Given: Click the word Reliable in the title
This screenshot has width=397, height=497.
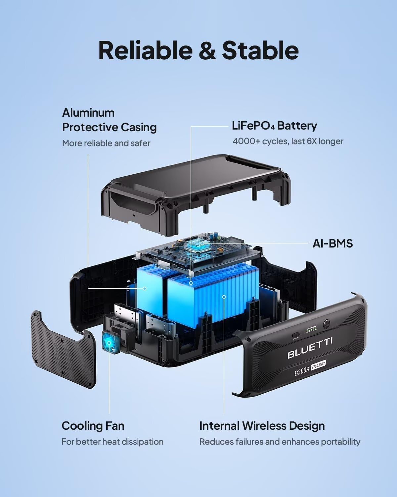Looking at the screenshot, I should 145,50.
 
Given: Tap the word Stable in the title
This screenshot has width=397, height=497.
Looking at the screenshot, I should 260,50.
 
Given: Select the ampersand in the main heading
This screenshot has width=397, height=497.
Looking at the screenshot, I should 207,51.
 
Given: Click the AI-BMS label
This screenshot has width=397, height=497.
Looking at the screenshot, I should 332,244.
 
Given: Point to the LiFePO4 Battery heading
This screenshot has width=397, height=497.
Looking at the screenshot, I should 274,126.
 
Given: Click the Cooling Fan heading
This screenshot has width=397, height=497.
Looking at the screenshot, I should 93,426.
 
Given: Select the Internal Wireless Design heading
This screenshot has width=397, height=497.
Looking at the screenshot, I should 262,426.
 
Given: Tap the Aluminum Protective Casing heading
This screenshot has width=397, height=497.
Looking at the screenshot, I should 109,120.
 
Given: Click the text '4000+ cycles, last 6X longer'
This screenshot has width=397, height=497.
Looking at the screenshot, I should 288,141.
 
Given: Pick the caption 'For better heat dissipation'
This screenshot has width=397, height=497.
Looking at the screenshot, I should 112,442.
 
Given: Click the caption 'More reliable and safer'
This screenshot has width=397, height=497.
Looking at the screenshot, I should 106,143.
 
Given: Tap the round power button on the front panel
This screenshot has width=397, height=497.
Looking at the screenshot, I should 327,322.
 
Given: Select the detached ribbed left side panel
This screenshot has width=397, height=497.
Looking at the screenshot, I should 63,348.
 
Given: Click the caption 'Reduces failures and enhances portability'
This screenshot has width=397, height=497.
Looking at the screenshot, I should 280,442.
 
